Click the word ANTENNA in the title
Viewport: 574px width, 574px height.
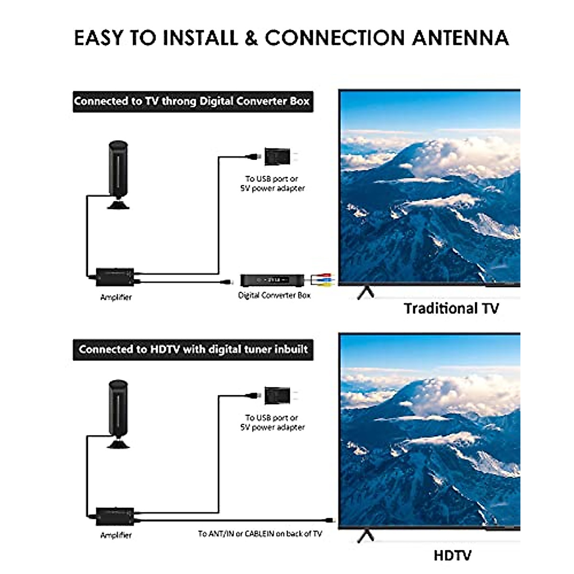(x=460, y=38)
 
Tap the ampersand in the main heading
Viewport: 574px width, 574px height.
(x=251, y=38)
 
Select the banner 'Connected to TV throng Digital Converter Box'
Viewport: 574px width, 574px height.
(x=192, y=101)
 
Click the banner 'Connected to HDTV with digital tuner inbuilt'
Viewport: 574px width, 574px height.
(x=193, y=349)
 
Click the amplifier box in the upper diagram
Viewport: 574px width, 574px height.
(x=115, y=276)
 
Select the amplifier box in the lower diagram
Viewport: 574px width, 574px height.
(x=115, y=516)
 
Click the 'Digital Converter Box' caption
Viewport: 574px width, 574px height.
(x=274, y=296)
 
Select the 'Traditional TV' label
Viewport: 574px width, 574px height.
(x=451, y=308)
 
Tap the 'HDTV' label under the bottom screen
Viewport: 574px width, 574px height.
(x=452, y=555)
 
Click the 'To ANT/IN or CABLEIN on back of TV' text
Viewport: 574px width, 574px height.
(x=260, y=533)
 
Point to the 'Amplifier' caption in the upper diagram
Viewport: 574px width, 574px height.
(x=116, y=297)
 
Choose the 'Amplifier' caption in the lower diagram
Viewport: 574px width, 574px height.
(x=116, y=535)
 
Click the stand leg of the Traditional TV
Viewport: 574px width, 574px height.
(x=366, y=292)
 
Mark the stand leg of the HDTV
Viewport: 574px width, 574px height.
(x=366, y=535)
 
